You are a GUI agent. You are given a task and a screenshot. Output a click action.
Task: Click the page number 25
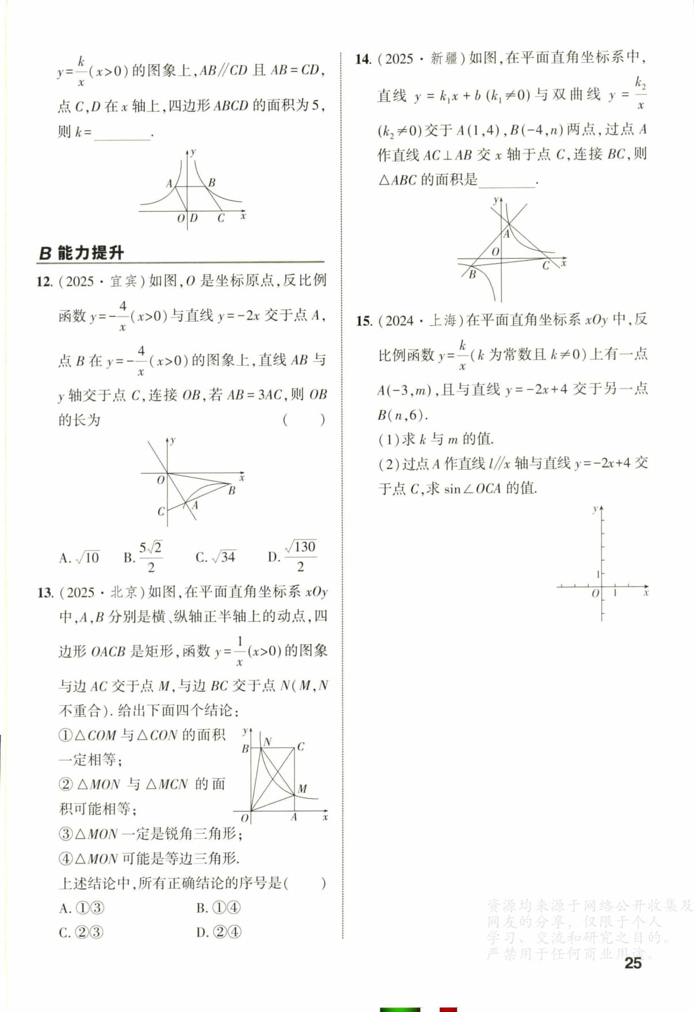[632, 962]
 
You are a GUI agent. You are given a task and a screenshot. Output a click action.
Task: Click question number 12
[44, 281]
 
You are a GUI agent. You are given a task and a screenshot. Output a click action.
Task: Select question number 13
[45, 592]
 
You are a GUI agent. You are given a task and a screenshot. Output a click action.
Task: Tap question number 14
[363, 59]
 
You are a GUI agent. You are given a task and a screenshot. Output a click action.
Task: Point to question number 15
[364, 321]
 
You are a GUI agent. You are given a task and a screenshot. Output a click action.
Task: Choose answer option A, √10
[79, 557]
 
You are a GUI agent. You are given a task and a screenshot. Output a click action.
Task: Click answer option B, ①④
[218, 908]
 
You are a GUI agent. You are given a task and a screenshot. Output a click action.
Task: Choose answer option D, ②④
[218, 932]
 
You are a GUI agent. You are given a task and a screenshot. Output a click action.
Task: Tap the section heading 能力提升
[90, 253]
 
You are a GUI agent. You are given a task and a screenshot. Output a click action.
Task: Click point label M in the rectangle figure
[303, 789]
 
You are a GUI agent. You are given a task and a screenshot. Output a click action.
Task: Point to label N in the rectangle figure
[268, 742]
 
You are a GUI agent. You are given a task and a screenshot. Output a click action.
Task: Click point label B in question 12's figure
[232, 490]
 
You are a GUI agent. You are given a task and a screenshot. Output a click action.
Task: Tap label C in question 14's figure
[546, 265]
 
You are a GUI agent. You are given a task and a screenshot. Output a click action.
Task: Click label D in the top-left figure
[194, 218]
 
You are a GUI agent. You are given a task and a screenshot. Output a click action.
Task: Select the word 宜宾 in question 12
[124, 281]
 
